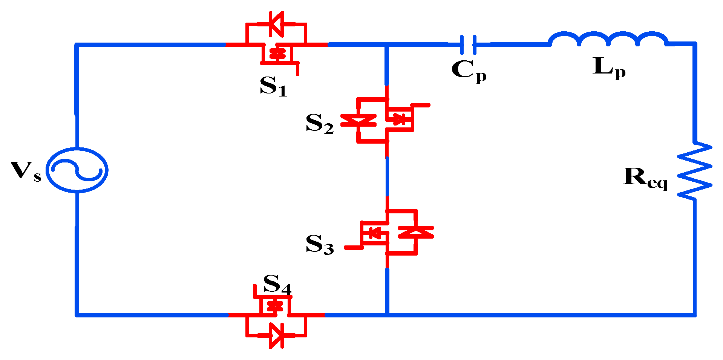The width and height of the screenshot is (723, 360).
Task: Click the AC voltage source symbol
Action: click(x=77, y=170)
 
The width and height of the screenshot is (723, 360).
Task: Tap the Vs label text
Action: click(x=26, y=172)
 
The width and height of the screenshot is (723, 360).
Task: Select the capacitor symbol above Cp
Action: click(x=468, y=45)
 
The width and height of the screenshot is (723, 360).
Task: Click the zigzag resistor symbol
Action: click(x=694, y=170)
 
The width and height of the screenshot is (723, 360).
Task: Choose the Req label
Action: click(x=645, y=178)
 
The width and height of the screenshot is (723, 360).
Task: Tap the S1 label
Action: click(x=273, y=86)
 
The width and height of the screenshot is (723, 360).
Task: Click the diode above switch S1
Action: click(x=276, y=24)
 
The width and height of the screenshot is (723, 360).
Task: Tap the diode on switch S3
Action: click(x=416, y=232)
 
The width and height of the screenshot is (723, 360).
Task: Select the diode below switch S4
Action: click(x=276, y=335)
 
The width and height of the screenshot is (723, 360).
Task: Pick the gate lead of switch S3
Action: click(x=352, y=248)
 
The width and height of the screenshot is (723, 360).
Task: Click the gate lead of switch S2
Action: click(x=421, y=105)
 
